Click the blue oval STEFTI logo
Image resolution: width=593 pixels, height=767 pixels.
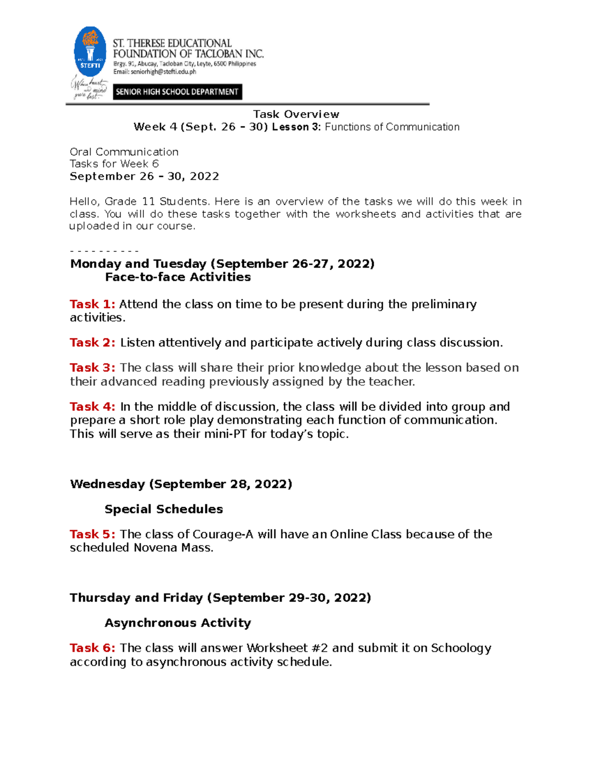90,52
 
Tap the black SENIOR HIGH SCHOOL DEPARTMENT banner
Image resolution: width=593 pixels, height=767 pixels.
177,92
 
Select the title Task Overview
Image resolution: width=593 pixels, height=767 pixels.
296,115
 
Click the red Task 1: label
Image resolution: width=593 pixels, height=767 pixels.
92,304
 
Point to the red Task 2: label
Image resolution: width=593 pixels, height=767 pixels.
92,343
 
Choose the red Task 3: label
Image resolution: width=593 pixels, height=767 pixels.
92,368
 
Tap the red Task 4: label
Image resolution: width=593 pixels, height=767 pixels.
92,407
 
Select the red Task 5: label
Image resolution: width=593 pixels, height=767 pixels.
92,534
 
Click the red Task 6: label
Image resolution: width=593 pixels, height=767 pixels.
92,648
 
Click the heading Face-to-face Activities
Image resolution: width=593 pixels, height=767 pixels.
178,277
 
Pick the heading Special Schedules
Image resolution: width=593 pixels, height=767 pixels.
164,509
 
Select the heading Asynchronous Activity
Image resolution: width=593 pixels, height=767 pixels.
178,623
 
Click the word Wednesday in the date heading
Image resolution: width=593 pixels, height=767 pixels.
107,484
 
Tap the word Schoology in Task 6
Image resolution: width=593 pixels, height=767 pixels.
461,648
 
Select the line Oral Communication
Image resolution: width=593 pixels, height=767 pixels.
124,152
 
